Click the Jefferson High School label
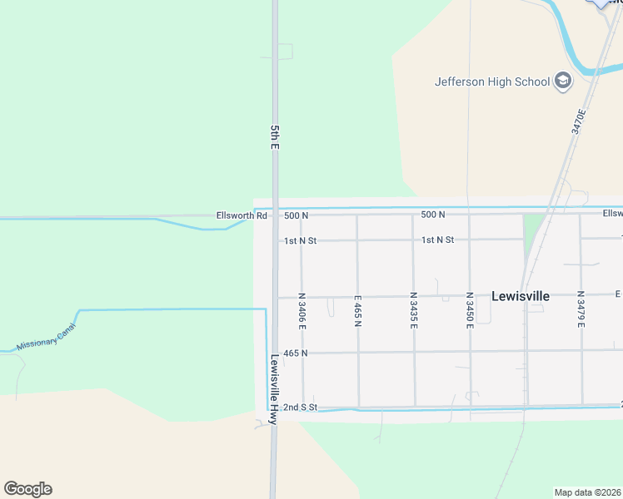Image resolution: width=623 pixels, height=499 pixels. (492, 82)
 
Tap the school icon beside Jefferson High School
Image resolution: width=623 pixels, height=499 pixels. (564, 81)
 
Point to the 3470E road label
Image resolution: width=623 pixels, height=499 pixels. (579, 121)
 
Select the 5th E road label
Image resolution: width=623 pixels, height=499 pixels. (274, 136)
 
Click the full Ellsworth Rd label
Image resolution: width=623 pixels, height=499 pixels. (242, 215)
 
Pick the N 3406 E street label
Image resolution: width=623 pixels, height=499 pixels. (302, 310)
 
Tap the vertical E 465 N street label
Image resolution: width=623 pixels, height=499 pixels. (357, 310)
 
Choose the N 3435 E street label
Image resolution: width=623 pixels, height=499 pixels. (413, 310)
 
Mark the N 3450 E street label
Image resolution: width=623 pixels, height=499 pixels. (470, 310)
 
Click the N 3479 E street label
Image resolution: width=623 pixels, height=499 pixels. (581, 310)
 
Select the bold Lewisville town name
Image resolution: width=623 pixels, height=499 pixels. (521, 295)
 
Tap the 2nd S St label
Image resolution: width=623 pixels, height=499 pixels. (301, 408)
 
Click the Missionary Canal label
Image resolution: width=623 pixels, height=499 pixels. (45, 337)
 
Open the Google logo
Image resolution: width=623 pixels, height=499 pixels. (27, 488)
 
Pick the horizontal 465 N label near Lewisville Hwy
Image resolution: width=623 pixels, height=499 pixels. (296, 353)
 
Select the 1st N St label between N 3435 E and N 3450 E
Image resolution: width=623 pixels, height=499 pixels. (437, 240)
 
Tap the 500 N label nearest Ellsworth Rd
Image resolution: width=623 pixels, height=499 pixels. (296, 215)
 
